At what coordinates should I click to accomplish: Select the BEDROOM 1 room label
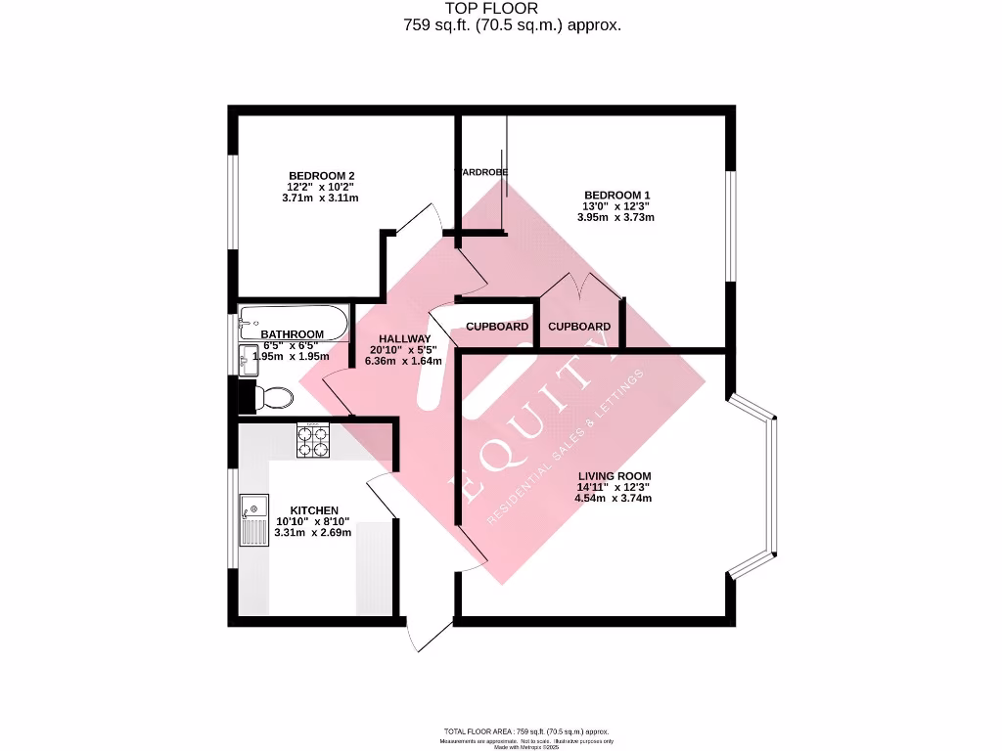[617, 195]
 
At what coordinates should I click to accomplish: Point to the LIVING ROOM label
[613, 476]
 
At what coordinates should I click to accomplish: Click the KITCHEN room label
[314, 510]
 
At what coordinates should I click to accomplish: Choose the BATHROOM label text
[292, 334]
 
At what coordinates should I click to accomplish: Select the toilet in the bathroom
[273, 397]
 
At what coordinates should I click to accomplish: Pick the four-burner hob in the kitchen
[313, 441]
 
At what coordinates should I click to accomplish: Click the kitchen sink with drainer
[254, 519]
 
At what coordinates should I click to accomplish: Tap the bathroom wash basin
[245, 359]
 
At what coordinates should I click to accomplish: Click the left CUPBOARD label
[497, 327]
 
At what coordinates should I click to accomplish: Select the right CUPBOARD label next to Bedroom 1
[579, 327]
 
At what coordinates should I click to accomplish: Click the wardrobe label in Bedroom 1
[480, 173]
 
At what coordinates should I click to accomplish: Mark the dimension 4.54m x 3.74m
[613, 499]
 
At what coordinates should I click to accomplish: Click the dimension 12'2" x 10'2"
[319, 187]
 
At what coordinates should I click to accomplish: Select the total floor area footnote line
[526, 731]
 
